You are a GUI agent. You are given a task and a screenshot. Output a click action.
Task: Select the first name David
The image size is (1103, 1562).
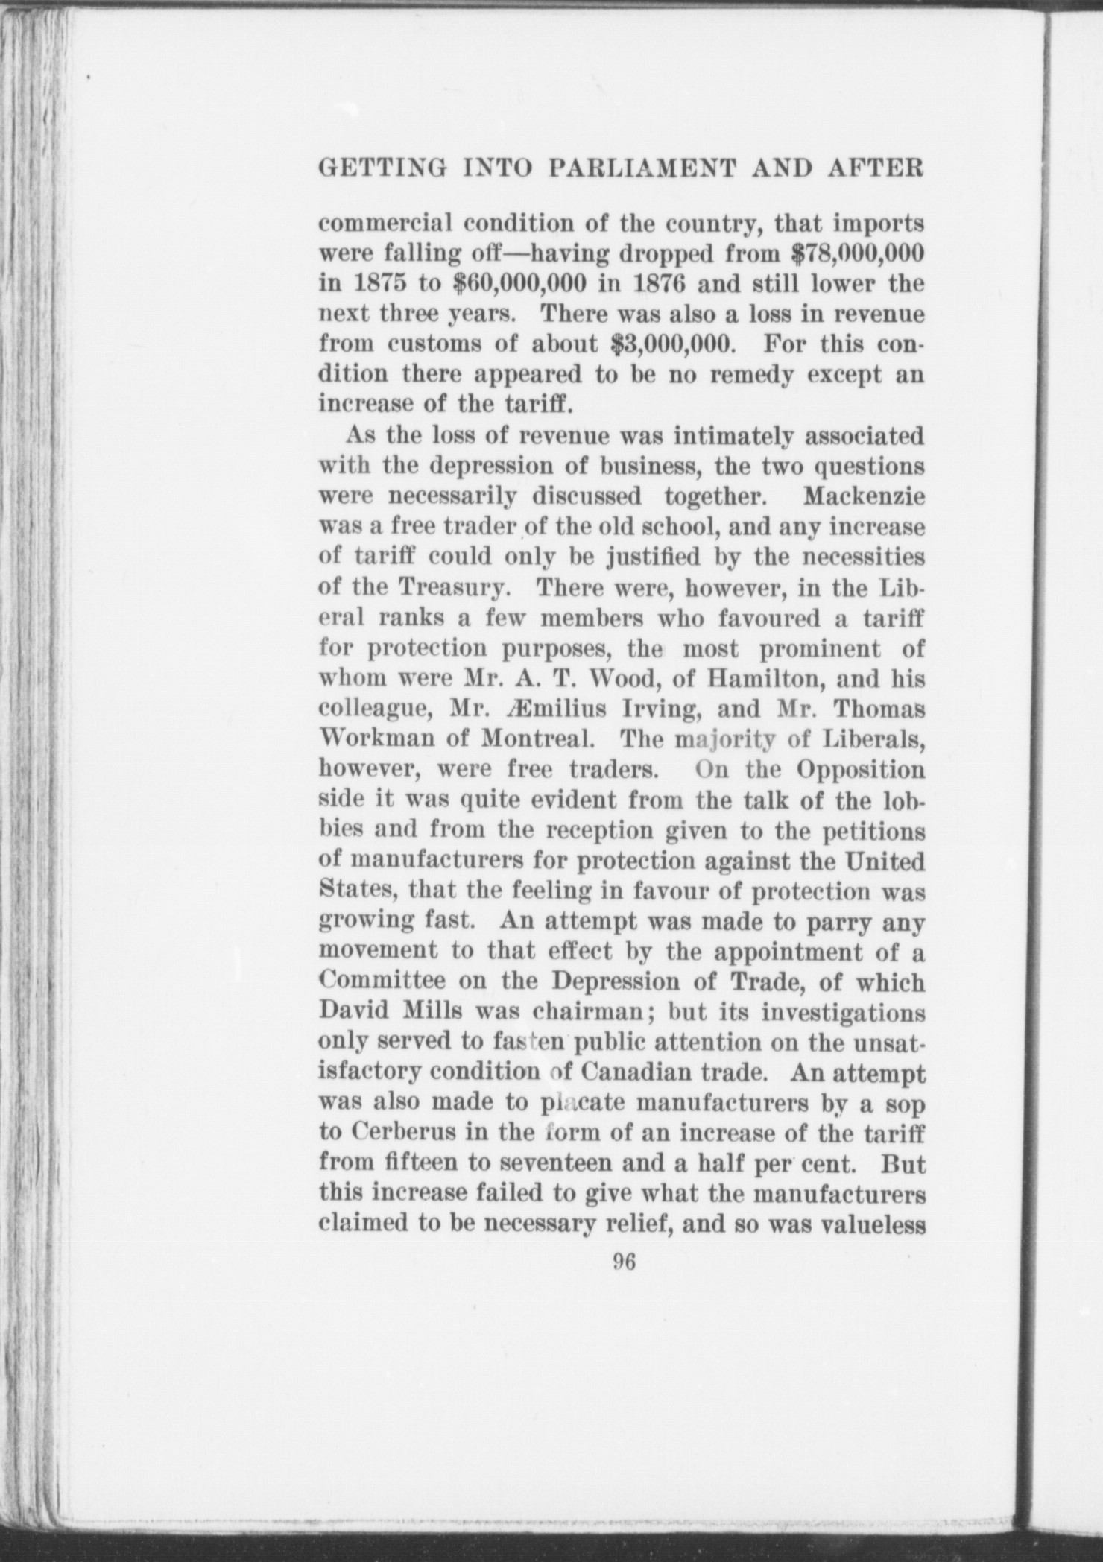pos(352,1013)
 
